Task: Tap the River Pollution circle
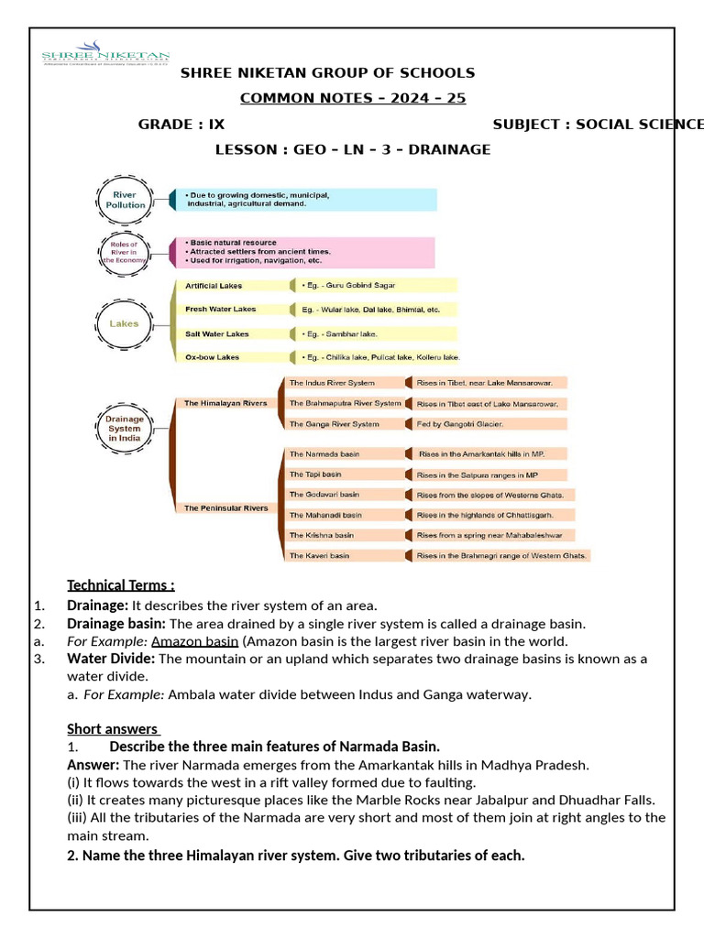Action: pos(128,200)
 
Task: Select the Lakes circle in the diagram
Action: pos(125,323)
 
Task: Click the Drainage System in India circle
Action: pos(125,428)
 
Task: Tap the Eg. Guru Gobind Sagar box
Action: pos(376,286)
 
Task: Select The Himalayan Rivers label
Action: pos(225,403)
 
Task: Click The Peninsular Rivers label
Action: pos(225,507)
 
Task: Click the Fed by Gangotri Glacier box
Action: pos(490,424)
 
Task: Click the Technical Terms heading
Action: pos(120,585)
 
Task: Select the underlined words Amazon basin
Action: pos(195,640)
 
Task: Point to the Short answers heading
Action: pos(114,728)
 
